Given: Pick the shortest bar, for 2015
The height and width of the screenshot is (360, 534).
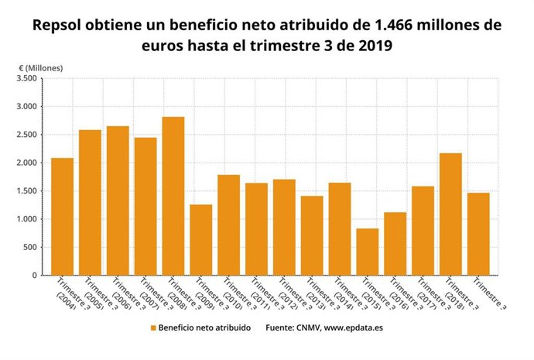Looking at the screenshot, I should point(368,252).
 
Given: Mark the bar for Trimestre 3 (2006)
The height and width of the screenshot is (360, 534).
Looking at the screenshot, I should point(118,201).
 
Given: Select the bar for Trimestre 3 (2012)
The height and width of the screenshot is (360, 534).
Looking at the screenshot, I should point(284,227).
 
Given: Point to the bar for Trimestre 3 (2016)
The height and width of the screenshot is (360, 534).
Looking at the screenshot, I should point(395,244).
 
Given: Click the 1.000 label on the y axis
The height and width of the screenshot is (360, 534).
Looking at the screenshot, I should point(26,219).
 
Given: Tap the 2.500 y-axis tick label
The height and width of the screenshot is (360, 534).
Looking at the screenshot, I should point(26,135).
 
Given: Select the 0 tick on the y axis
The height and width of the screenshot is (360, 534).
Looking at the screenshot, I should point(34,276).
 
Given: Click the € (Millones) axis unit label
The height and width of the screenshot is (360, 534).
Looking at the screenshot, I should point(41,68).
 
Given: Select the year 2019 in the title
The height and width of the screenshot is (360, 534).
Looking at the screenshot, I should point(374,46).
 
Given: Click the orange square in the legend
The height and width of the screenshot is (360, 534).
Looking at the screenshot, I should point(152,328).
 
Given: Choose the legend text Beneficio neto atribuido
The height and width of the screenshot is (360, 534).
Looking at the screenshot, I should point(204,328).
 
